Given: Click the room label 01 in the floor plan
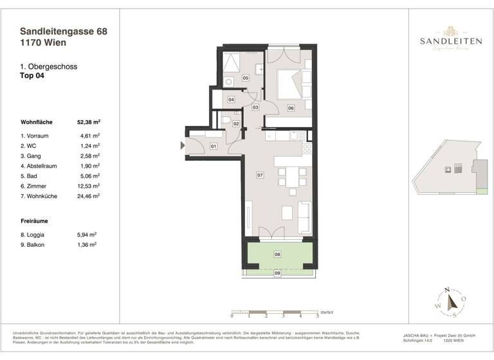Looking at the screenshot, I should click(214, 147).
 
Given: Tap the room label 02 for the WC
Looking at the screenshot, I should click(236, 123).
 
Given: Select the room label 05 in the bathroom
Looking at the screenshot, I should click(245, 78).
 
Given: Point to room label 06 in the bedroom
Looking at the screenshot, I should click(291, 108).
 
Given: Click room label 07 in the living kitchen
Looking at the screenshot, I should click(260, 175).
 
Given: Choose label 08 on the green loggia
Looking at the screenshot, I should click(278, 255).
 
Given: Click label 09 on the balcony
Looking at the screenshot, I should click(278, 273).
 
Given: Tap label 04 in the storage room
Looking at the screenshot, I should click(231, 100).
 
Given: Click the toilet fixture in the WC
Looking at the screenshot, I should click(226, 120).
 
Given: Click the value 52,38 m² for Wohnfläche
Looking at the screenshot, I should click(90, 122).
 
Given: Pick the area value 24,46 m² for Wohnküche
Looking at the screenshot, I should click(90, 196).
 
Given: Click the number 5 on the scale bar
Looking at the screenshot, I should click(317, 316).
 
